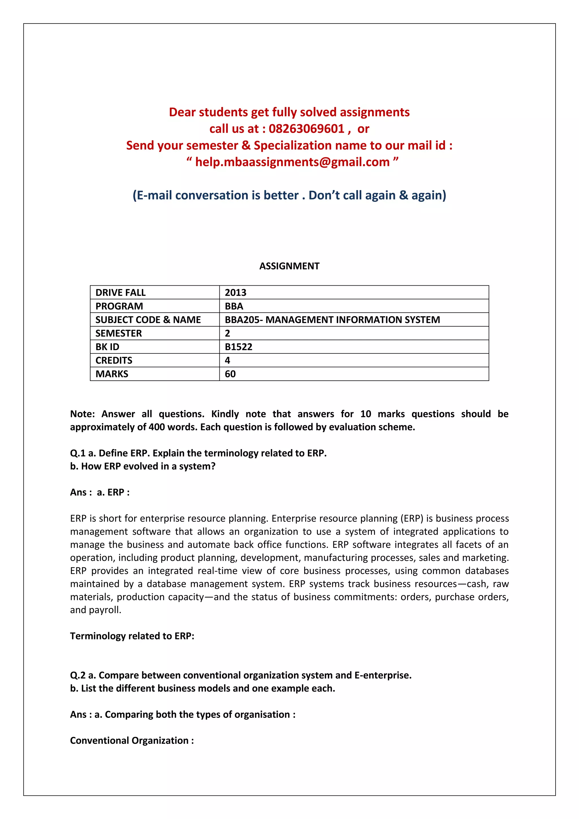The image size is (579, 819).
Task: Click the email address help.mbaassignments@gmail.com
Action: [292, 162]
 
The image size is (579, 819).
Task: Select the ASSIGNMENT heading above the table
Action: [289, 266]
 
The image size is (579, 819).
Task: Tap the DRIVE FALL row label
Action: [120, 292]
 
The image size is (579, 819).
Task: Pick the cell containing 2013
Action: [235, 292]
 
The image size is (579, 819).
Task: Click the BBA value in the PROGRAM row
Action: [234, 306]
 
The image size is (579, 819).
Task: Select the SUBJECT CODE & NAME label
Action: [148, 320]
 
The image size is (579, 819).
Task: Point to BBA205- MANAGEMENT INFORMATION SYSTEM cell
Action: [332, 320]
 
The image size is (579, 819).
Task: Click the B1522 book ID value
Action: [239, 347]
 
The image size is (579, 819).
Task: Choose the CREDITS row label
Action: [114, 360]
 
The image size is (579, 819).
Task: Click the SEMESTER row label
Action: [118, 333]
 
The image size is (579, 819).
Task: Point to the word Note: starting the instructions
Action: [82, 414]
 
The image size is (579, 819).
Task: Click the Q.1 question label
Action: [78, 453]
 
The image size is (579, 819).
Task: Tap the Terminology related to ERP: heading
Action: [132, 636]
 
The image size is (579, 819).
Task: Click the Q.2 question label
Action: [78, 675]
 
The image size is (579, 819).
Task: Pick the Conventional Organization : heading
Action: [132, 741]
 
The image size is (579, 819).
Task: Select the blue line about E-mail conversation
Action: [289, 195]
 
